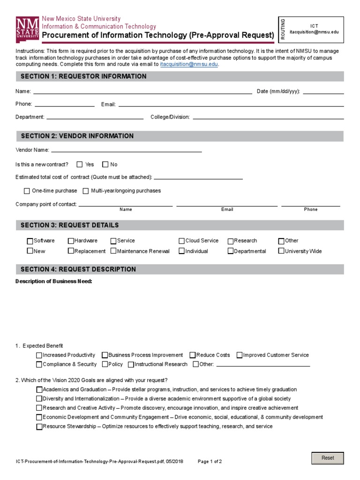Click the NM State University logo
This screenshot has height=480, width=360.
(27, 29)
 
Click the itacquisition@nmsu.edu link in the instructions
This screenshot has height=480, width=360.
(189, 64)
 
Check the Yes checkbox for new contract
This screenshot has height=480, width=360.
(80, 165)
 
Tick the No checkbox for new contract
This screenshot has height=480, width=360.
(105, 165)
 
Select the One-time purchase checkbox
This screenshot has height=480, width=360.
(27, 191)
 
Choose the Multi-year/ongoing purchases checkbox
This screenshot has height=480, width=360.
(86, 191)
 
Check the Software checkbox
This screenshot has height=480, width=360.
(30, 241)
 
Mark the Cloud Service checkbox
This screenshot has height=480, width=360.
(181, 241)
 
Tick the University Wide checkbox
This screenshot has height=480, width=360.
(281, 251)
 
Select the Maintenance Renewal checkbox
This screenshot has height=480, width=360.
(113, 251)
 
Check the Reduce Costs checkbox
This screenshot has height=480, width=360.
(193, 355)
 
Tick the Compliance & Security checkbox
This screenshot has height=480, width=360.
(39, 364)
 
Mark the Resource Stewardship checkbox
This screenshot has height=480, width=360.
(39, 427)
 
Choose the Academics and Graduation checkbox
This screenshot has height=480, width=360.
(39, 390)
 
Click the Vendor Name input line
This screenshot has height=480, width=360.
(126, 150)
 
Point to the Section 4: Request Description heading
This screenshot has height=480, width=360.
(78, 270)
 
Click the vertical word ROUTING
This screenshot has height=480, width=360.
(283, 29)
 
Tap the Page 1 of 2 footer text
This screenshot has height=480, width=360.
(210, 461)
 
